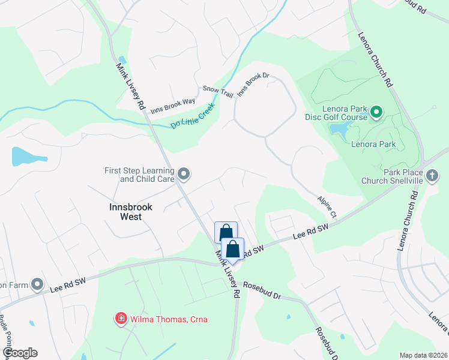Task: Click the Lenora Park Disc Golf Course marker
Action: (376, 112)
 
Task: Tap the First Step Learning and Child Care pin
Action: (184, 175)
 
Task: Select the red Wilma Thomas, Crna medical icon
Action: (121, 319)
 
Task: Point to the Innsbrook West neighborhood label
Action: (131, 211)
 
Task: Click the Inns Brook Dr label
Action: (254, 85)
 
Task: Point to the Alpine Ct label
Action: (328, 203)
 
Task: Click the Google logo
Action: (20, 353)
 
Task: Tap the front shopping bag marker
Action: (233, 249)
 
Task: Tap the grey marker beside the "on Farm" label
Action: (38, 284)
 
